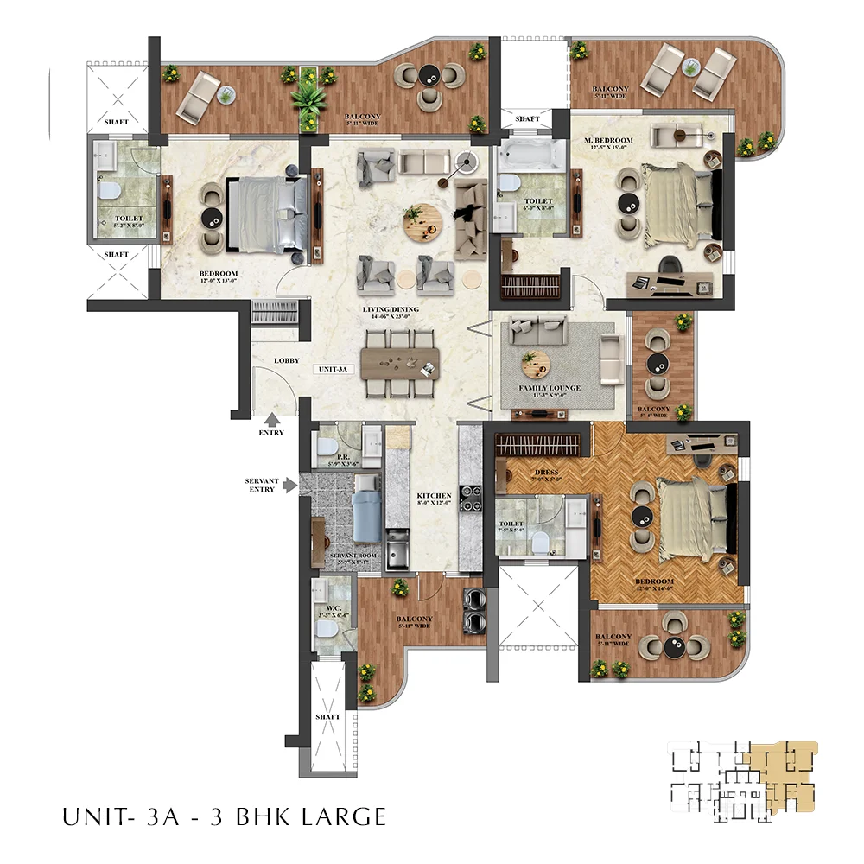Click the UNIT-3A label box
333,369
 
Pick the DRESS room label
546,473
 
